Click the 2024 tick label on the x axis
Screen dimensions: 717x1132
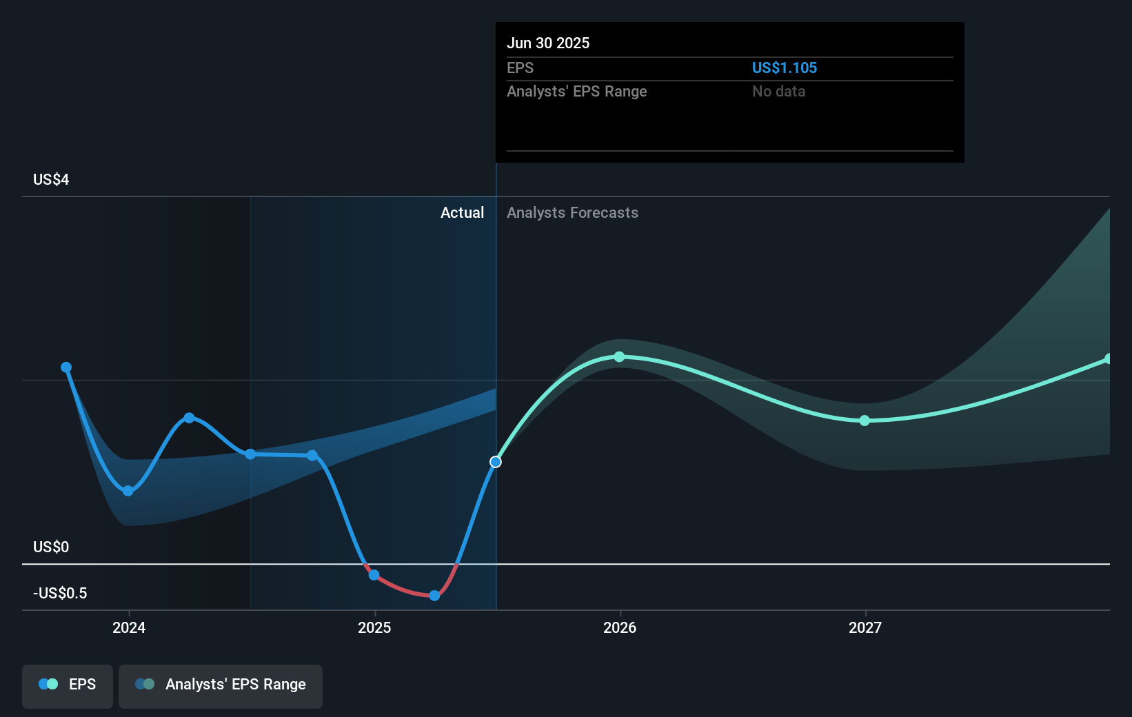[x=129, y=627]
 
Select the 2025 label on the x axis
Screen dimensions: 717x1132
[x=374, y=627]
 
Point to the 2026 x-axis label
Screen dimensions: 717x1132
[x=620, y=627]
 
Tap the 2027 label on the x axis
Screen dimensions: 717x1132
[x=865, y=627]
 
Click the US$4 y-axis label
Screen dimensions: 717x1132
[x=51, y=180]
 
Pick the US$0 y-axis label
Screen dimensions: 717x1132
[x=51, y=547]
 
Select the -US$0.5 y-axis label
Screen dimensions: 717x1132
[x=60, y=593]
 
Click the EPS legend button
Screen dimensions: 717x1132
[x=68, y=685]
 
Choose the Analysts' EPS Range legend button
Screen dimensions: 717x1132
[x=221, y=685]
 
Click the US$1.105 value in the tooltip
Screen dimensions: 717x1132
[x=784, y=68]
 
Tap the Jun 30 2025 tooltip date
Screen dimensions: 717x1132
[x=548, y=43]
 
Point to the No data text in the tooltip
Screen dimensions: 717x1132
[x=778, y=91]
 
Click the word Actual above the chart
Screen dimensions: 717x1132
[x=462, y=212]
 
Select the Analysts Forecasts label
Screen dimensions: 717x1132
[x=572, y=212]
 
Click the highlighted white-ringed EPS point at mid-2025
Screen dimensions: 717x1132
[x=496, y=462]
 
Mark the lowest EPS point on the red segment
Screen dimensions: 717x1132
[x=434, y=596]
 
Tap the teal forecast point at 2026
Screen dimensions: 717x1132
[x=619, y=356]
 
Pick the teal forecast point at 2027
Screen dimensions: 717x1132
[x=865, y=421]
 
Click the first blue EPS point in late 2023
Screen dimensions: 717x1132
[x=66, y=367]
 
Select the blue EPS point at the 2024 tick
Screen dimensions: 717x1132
[x=128, y=491]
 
